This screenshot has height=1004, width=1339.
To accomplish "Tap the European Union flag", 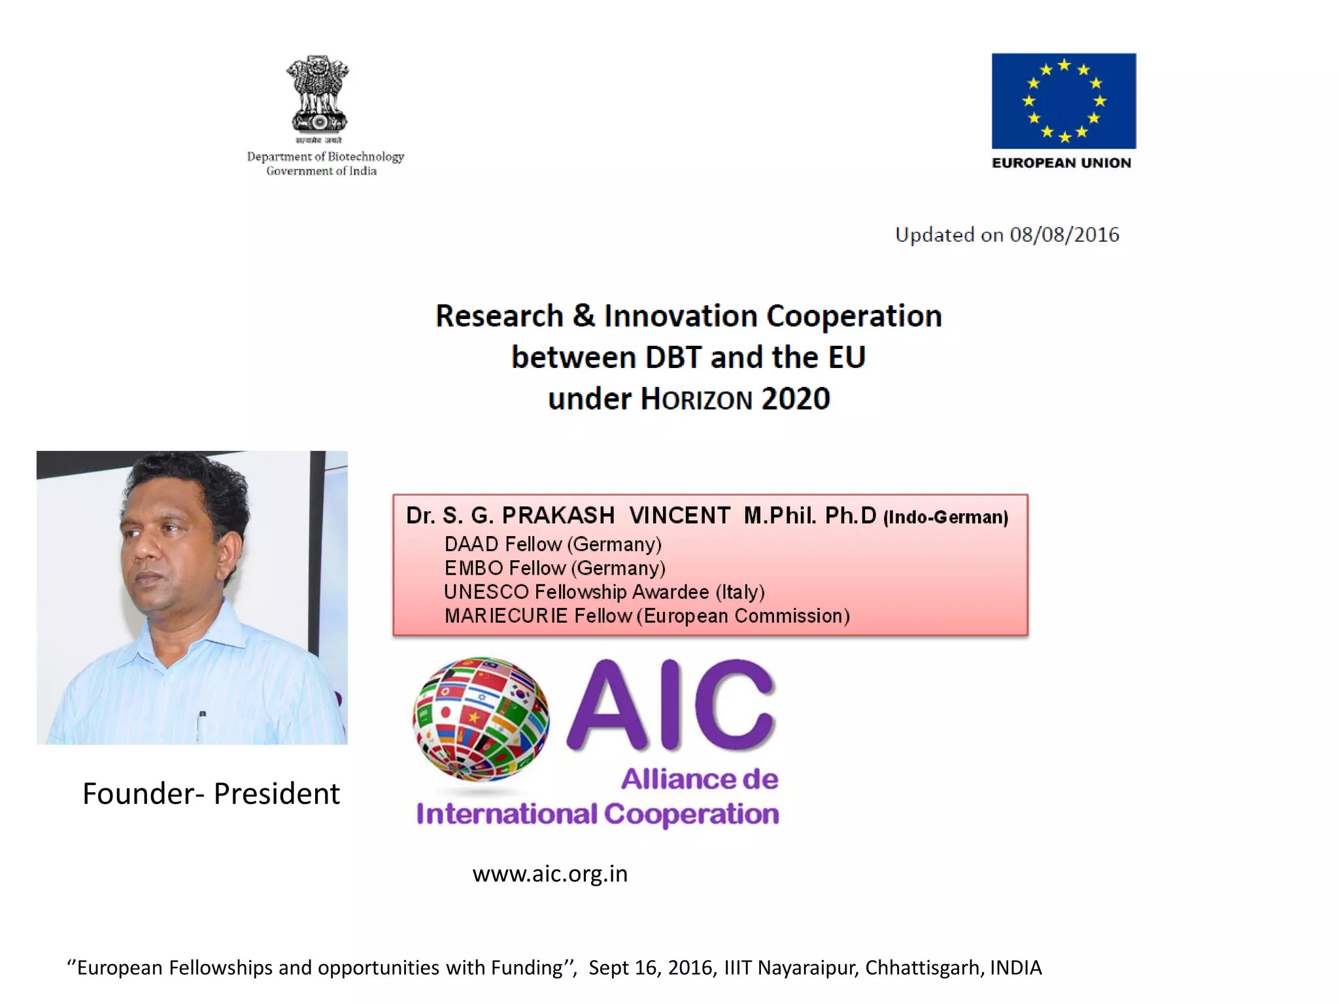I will pos(1064,101).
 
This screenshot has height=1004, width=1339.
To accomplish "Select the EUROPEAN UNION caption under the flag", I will pos(1061,163).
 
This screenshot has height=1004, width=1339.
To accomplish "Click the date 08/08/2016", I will pos(1064,235).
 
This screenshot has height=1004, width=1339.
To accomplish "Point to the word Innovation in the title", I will pos(681,316).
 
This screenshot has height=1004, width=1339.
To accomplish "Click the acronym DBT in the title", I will pos(673,358).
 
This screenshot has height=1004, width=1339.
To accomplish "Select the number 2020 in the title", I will pos(796,399).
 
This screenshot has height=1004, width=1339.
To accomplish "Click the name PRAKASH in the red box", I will pos(558,516).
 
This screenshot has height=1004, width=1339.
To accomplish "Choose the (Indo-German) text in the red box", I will pos(945,518).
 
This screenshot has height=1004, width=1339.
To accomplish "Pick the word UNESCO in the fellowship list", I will pos(486,592).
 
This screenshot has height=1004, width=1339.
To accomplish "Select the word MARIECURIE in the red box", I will pos(506,616).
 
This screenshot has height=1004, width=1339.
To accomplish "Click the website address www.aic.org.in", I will pos(550,874).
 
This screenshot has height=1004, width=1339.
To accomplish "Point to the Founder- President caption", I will pos(211,794).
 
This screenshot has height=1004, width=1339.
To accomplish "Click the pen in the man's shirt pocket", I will pos(202,719).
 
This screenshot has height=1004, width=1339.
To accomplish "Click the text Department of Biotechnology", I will pos(326,157).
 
